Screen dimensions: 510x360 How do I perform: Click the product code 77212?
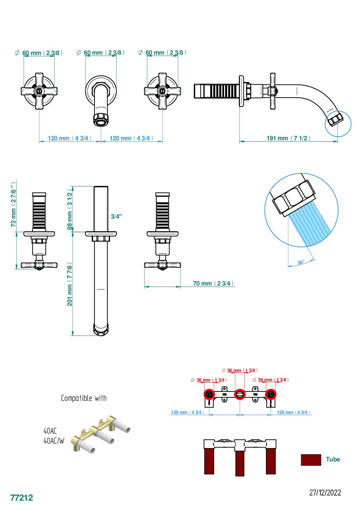[22, 497]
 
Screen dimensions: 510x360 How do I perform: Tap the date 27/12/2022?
[325, 493]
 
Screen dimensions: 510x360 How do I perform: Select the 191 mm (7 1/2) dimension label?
[288, 138]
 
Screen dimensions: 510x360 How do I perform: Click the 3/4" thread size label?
[116, 216]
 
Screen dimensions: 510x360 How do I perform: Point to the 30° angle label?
[301, 262]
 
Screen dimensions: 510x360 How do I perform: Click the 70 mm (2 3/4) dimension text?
[213, 283]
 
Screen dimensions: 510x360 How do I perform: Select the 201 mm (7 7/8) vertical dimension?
[70, 284]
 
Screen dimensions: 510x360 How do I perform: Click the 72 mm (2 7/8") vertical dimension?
[13, 204]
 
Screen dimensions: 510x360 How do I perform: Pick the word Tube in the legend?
[333, 459]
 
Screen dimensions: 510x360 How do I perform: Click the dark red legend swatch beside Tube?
[311, 460]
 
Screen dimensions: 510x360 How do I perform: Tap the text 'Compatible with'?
[84, 398]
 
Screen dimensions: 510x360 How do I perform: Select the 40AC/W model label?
[54, 441]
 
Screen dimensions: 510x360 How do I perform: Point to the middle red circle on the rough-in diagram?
[240, 394]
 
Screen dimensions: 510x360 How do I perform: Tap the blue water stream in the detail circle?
[310, 224]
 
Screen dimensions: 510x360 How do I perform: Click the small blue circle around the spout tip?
[338, 123]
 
